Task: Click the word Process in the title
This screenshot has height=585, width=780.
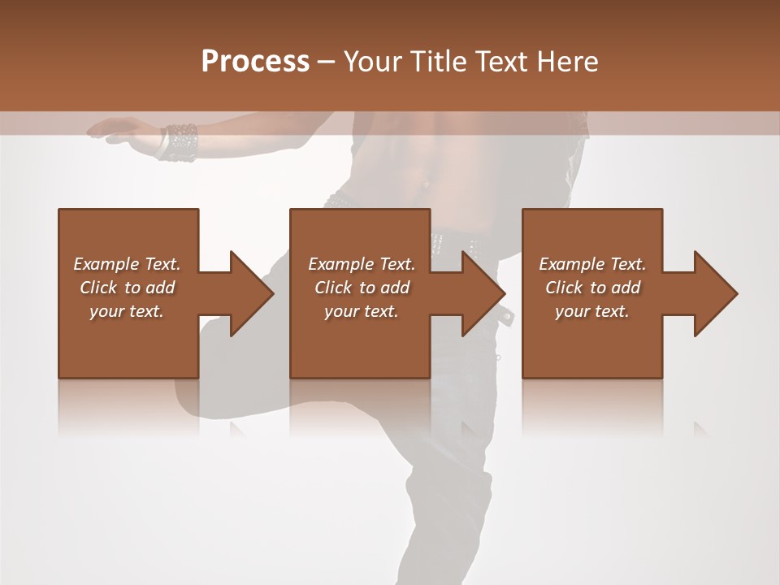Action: coord(255,62)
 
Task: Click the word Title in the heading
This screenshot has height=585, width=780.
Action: coord(438,62)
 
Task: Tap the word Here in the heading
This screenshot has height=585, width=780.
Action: coord(568,62)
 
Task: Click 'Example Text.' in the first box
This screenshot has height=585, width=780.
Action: coord(127,264)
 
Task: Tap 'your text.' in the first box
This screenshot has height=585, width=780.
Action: coord(127,311)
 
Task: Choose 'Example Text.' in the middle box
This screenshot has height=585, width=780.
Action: coord(362,264)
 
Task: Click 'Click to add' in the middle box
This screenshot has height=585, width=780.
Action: coord(362,288)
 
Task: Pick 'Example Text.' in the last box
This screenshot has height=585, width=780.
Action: coord(592,264)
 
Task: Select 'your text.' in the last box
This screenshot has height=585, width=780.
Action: coord(592,311)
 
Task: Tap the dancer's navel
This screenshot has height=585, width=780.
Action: coord(425,184)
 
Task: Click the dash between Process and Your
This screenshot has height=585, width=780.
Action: coord(327,63)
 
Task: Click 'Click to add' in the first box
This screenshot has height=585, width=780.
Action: coord(127,288)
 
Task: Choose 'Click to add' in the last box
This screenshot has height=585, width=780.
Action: coord(592,288)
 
